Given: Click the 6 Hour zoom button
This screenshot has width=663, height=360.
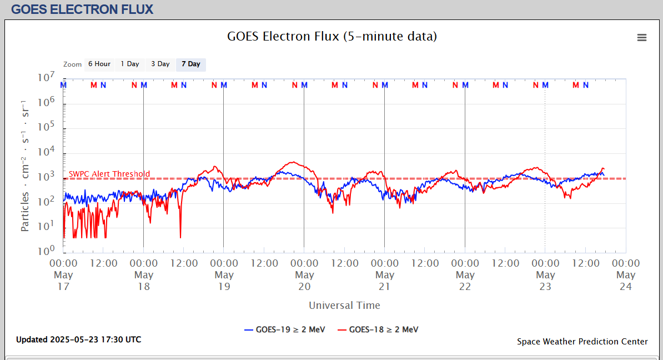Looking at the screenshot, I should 99,64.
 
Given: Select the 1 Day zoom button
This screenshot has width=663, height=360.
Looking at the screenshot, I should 130,64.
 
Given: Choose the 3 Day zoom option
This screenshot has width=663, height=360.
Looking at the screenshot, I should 160,64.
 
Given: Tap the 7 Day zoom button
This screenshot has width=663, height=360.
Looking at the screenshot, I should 191,64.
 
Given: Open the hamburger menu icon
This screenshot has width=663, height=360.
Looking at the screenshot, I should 642,38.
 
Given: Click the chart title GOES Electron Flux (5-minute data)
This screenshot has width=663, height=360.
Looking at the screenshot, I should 332,37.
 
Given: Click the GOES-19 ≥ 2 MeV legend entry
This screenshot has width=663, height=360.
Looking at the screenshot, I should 284,329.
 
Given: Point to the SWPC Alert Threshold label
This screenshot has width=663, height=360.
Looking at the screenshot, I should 109,174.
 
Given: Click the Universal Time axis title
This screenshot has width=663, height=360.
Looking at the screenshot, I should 344,305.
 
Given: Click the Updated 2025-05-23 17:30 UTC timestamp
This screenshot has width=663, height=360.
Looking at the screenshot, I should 78,339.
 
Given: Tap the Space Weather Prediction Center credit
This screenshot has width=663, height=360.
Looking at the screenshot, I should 582,342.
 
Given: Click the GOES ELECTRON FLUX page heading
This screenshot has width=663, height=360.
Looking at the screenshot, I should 82,9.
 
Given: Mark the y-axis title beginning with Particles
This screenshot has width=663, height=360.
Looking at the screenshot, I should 26,166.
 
